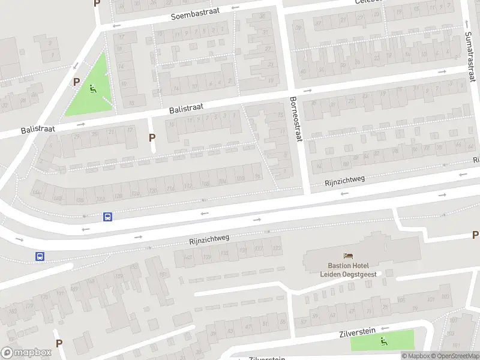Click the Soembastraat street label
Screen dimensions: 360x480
pyautogui.click(x=196, y=11)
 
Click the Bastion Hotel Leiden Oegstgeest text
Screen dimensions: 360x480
pyautogui.click(x=349, y=268)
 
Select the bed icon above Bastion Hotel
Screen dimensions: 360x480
pyautogui.click(x=349, y=256)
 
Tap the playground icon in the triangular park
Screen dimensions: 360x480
pyautogui.click(x=92, y=89)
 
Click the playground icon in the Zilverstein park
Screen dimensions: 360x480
pyautogui.click(x=384, y=341)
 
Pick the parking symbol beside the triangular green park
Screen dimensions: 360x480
pyautogui.click(x=76, y=81)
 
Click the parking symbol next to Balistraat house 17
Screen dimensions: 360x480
pyautogui.click(x=152, y=137)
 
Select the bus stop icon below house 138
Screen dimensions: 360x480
pyautogui.click(x=107, y=217)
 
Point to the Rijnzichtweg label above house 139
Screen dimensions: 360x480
pyautogui.click(x=209, y=239)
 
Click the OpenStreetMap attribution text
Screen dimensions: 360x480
pyautogui.click(x=454, y=356)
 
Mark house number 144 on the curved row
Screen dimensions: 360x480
pyautogui.click(x=37, y=192)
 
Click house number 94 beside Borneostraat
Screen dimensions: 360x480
pyautogui.click(x=257, y=176)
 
